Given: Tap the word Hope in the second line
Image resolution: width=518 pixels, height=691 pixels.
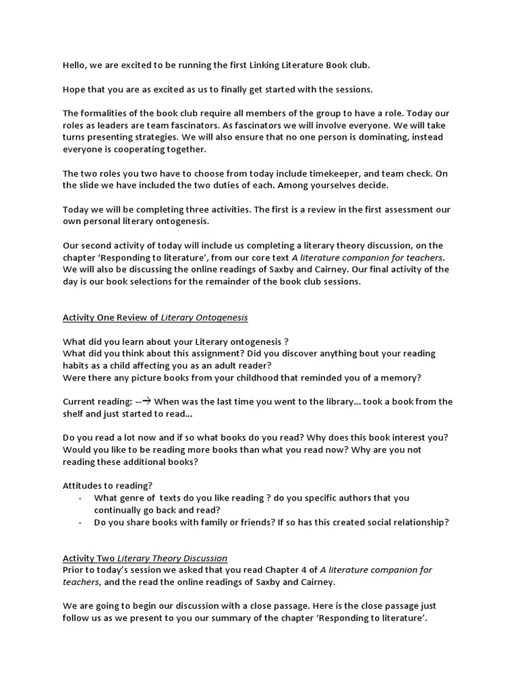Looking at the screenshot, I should (x=75, y=90).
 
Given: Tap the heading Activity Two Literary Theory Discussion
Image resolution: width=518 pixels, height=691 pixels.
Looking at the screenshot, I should (x=145, y=558).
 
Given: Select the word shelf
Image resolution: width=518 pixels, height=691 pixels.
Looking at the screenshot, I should (x=75, y=414).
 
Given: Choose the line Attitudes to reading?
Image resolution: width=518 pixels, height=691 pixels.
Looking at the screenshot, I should (x=107, y=485).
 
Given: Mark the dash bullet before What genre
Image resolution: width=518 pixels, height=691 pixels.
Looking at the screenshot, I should (x=81, y=498).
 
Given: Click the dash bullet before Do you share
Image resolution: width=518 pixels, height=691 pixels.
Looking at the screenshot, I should (x=81, y=522).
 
